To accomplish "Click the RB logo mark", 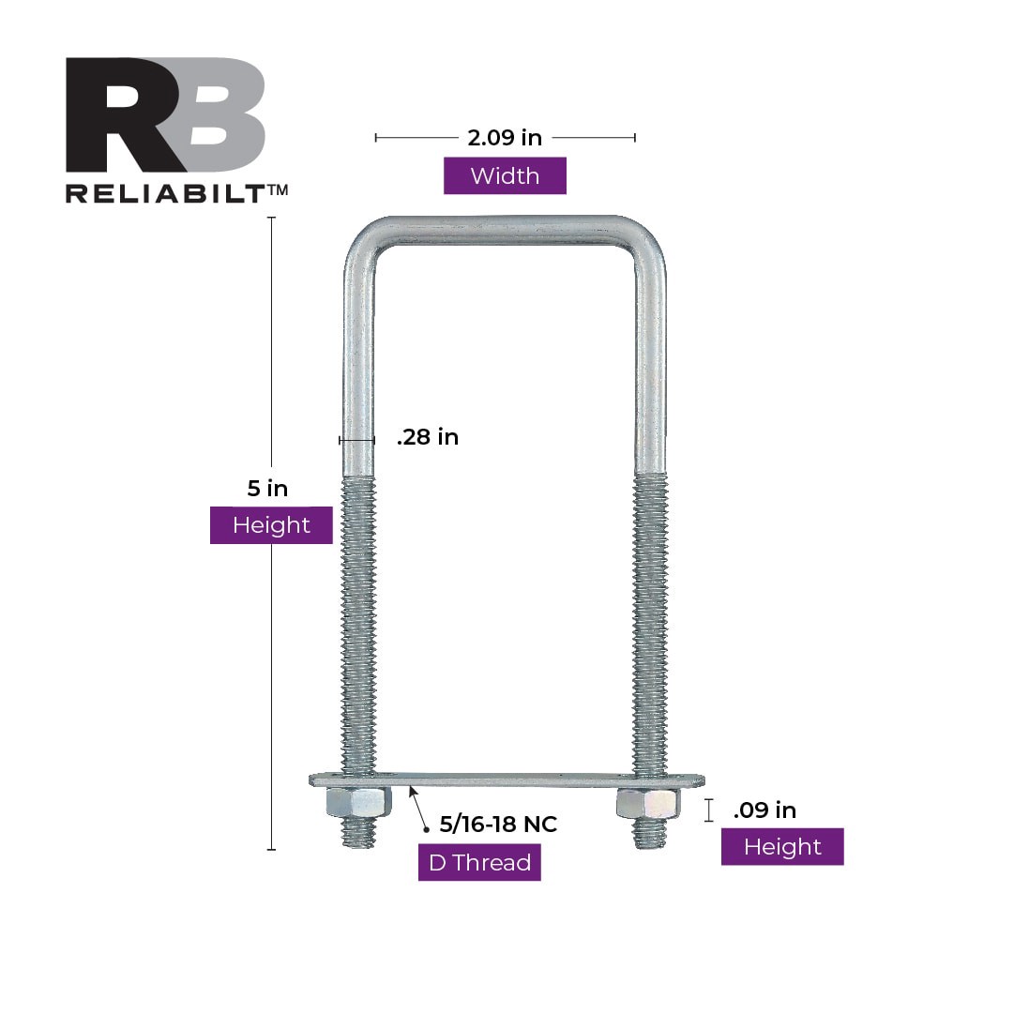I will click(165, 115).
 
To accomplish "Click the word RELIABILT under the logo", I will click(167, 192).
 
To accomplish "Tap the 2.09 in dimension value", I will click(505, 138).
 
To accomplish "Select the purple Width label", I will click(505, 175).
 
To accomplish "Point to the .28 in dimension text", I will click(428, 437).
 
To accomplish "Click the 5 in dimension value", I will click(267, 488).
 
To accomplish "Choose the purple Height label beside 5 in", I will click(271, 525).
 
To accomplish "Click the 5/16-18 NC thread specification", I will click(498, 825).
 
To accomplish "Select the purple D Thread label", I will click(479, 863).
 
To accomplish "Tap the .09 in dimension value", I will click(764, 810).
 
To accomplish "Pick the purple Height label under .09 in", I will click(782, 847).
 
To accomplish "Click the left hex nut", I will click(358, 802).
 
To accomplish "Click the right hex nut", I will click(648, 803).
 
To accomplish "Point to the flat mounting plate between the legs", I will click(507, 779).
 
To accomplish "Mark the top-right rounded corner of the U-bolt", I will click(649, 242).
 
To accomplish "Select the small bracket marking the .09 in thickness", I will click(709, 810).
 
